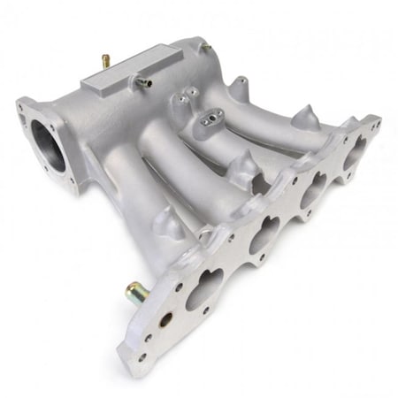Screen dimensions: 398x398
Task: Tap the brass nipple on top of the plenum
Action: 103,61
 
